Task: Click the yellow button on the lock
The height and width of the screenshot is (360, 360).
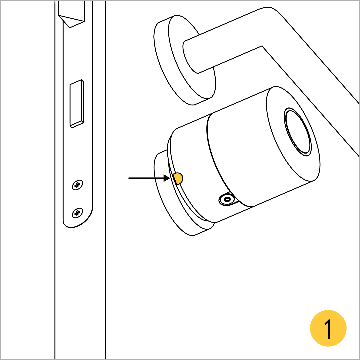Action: click(x=178, y=178)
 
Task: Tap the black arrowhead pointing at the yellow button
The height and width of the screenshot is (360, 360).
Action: click(x=167, y=178)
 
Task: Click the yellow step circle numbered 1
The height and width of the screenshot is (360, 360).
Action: click(x=328, y=328)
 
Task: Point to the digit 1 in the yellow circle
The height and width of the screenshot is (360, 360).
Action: click(x=328, y=329)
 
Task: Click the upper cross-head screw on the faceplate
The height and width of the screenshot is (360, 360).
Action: click(x=77, y=185)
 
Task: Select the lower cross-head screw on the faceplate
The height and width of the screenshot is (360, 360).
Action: click(x=77, y=213)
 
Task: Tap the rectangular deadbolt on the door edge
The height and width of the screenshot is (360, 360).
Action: click(x=77, y=104)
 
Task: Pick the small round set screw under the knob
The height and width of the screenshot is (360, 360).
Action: click(x=227, y=199)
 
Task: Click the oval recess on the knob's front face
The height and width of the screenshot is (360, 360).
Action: click(x=298, y=132)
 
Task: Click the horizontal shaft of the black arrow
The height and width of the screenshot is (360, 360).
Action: click(x=146, y=178)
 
